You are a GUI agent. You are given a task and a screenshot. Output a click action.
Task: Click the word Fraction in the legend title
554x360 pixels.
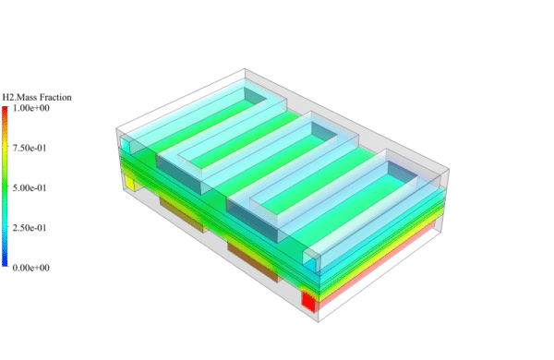coord(53,97)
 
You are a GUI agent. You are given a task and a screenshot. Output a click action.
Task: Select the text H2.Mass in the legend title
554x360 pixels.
coord(18,97)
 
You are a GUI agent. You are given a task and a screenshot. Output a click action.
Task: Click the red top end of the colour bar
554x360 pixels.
coord(6,111)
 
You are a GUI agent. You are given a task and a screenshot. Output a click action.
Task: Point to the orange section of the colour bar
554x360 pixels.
coord(6,134)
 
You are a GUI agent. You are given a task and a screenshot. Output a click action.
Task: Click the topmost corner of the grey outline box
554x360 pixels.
coord(246,68)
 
